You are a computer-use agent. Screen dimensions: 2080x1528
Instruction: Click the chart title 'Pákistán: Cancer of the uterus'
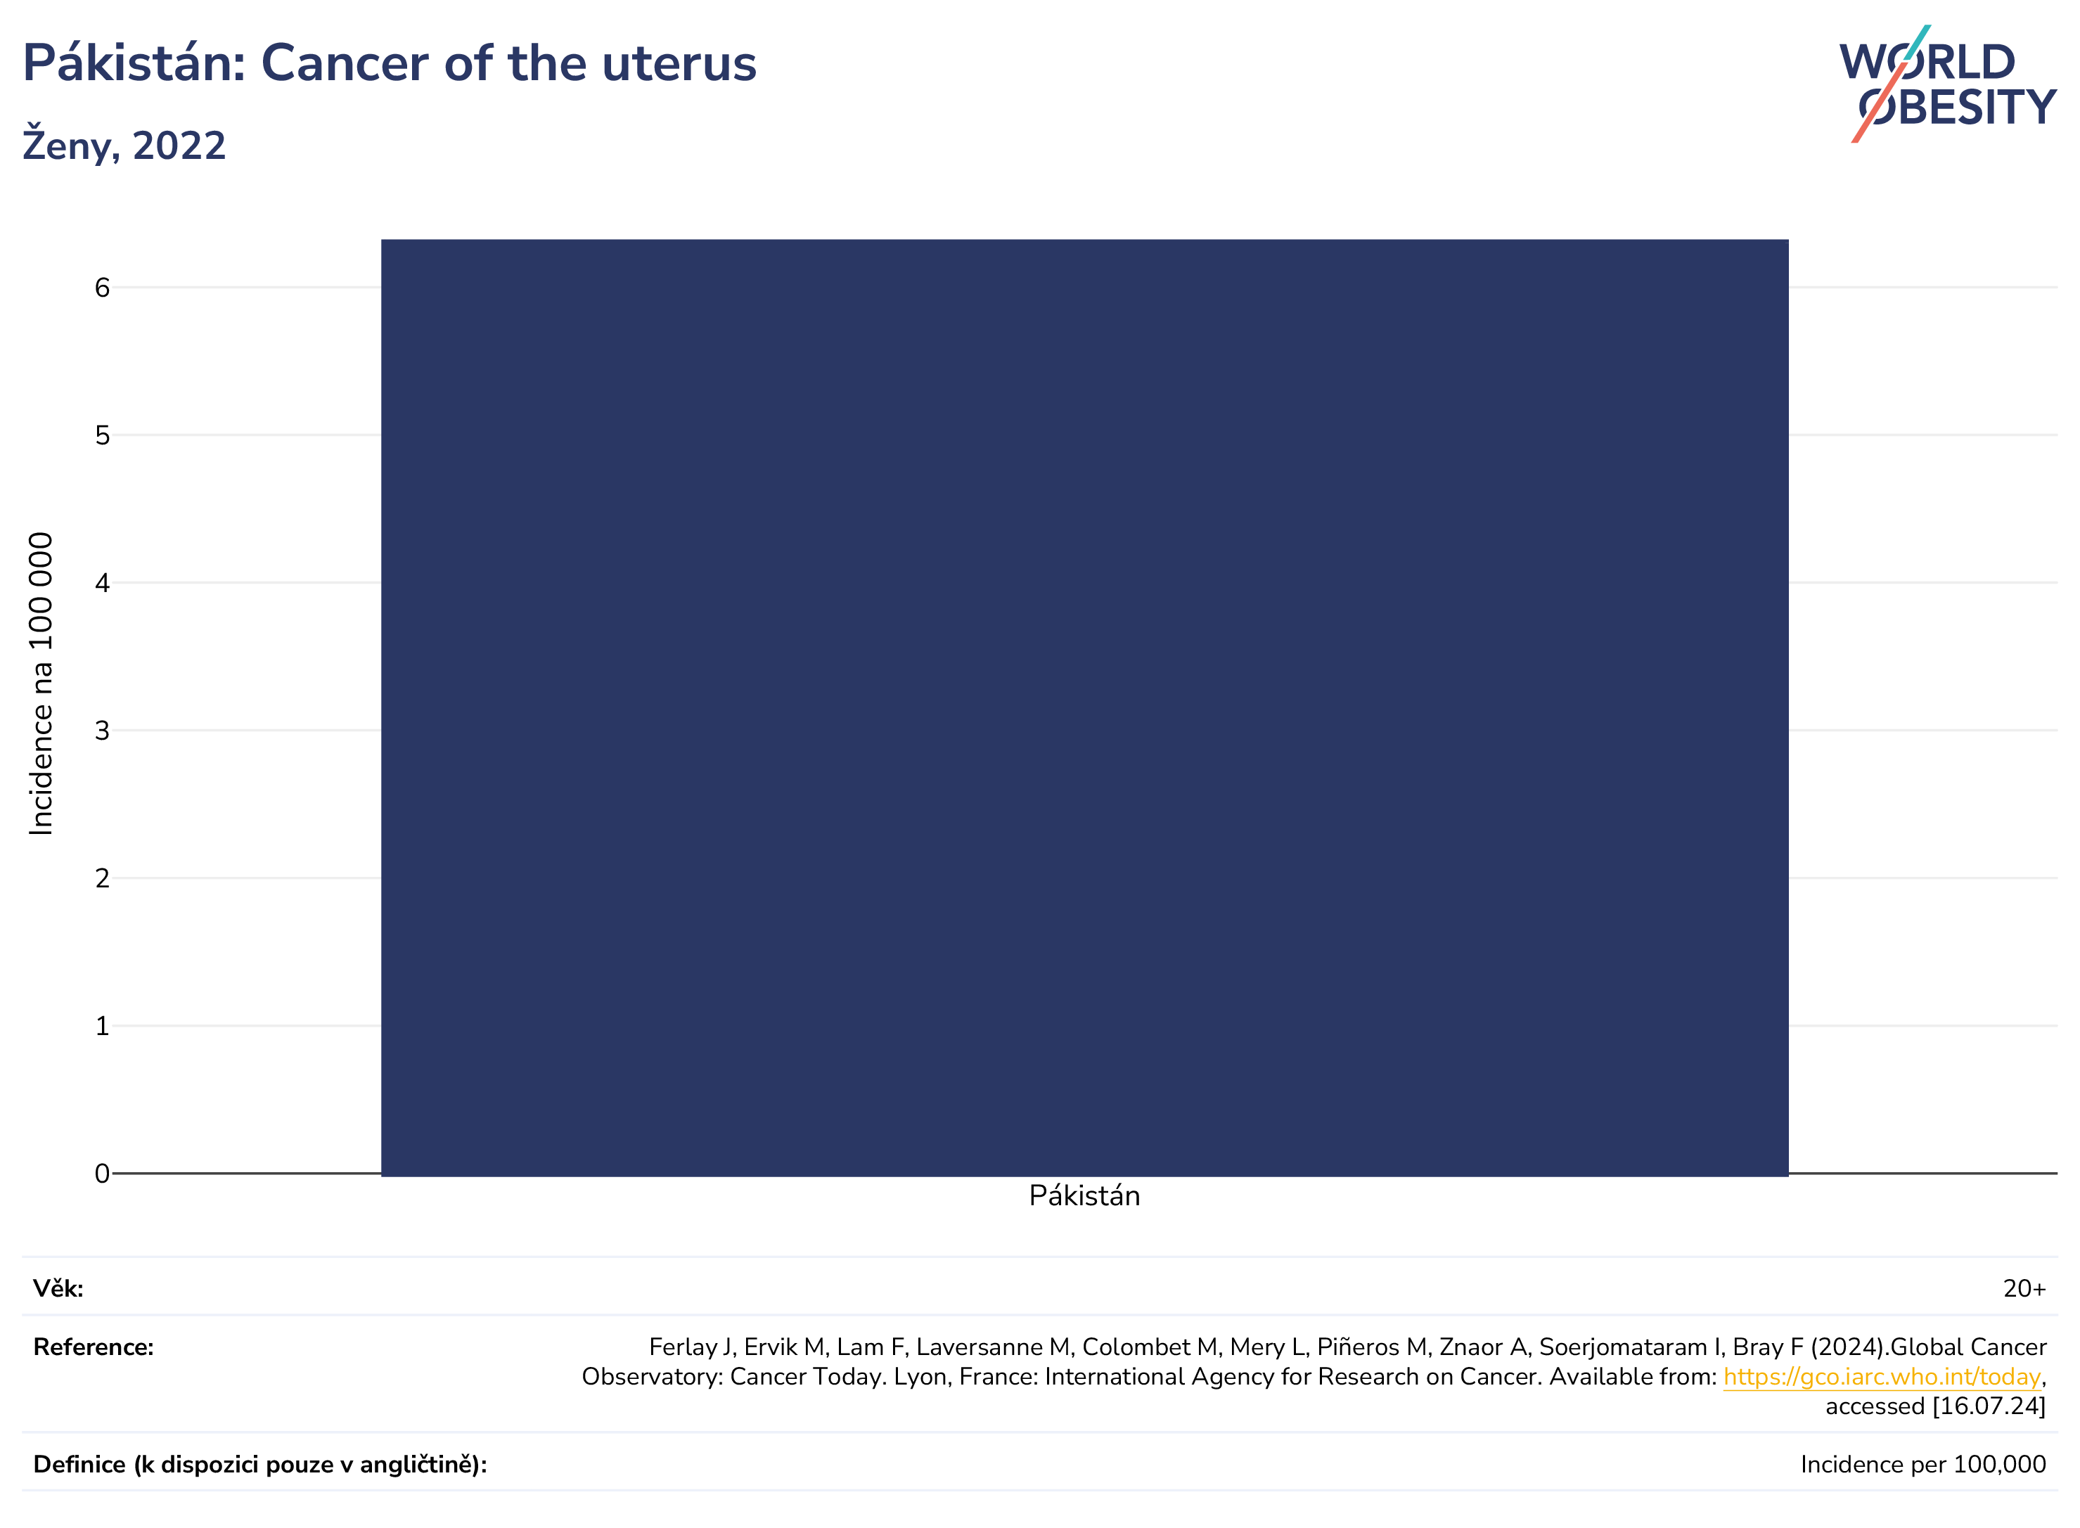pos(390,64)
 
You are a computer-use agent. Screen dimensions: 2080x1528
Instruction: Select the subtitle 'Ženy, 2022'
pos(124,146)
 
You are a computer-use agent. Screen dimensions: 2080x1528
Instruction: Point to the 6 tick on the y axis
pos(102,288)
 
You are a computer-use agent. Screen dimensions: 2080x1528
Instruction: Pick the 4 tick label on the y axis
pos(102,583)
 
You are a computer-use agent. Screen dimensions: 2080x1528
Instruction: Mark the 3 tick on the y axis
pos(102,731)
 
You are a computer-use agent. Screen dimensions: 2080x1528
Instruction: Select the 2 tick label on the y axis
pos(102,878)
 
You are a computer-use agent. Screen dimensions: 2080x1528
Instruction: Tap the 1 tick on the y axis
pos(102,1026)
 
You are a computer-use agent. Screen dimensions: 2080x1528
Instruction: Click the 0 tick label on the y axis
pos(102,1174)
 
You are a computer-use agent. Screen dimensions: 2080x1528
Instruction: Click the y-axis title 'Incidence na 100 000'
pos(41,684)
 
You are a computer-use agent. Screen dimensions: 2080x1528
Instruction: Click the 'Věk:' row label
pos(58,1288)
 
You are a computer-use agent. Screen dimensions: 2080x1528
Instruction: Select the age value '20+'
pos(2024,1288)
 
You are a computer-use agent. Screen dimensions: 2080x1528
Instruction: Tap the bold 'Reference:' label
pos(94,1348)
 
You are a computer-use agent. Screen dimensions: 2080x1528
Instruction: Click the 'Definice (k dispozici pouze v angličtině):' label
pos(260,1465)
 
